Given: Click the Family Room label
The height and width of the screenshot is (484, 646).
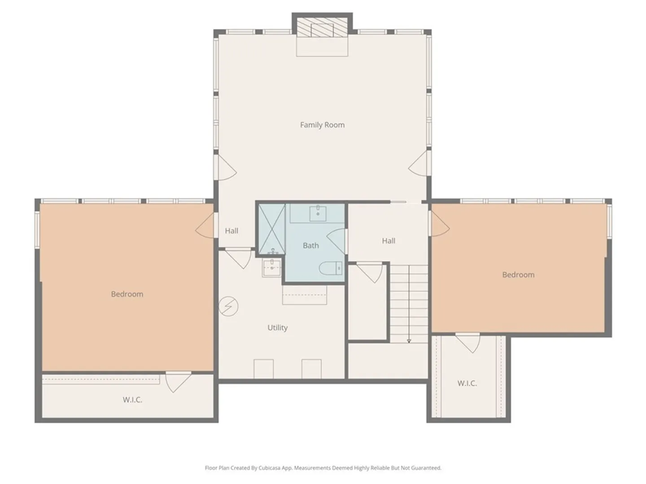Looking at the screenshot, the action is tap(322, 125).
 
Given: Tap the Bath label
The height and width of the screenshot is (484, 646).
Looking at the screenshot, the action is tap(311, 246).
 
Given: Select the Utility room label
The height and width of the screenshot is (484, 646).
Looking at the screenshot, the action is tap(278, 328).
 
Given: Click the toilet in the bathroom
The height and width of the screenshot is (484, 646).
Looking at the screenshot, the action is tap(331, 268).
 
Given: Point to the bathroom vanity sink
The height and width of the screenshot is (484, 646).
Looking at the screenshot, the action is tap(318, 213).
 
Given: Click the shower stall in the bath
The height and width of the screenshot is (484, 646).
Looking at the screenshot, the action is tap(272, 229).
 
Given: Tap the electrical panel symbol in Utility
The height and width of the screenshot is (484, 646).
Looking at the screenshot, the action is tap(228, 307).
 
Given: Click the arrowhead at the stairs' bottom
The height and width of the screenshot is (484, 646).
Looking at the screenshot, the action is tap(409, 341).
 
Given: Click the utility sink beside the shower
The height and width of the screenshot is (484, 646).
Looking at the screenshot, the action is tap(272, 268).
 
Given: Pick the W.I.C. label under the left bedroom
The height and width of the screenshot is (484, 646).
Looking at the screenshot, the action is tap(132, 400).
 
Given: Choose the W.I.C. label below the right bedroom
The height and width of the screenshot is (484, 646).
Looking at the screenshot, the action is tap(467, 383).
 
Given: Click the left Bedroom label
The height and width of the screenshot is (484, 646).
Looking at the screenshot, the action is tap(127, 294).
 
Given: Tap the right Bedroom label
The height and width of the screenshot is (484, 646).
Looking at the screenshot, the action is tap(518, 275).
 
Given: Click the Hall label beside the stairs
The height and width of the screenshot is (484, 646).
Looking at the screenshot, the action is tap(388, 241).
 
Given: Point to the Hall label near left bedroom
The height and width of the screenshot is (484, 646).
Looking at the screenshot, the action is tap(231, 231).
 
